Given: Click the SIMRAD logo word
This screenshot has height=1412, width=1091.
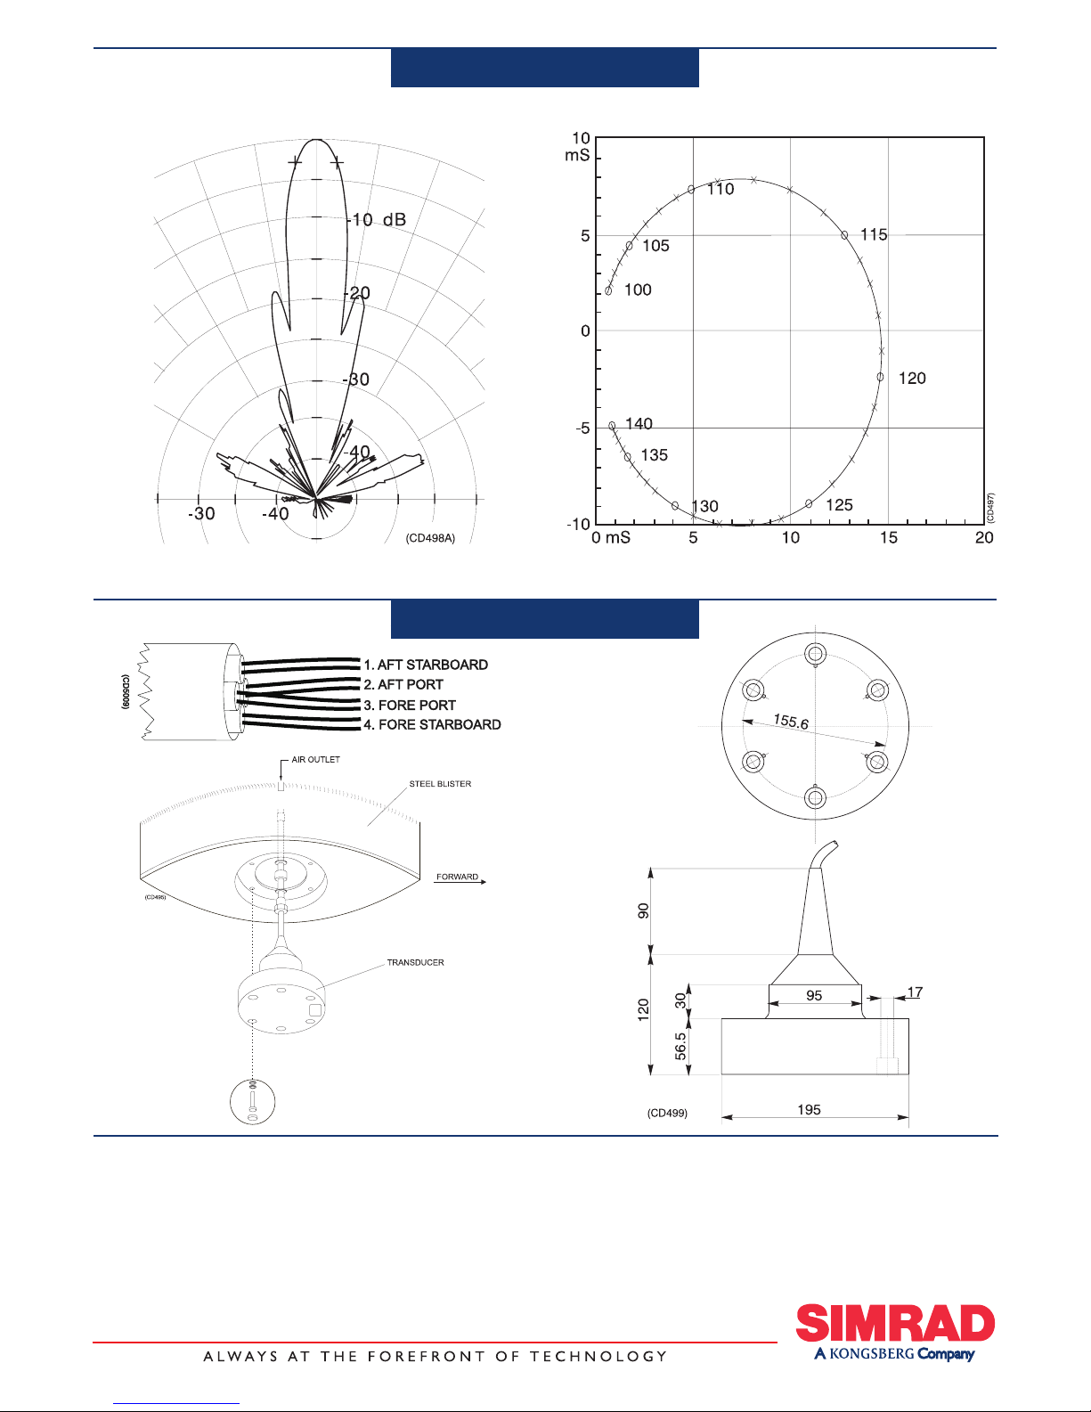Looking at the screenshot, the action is (x=895, y=1323).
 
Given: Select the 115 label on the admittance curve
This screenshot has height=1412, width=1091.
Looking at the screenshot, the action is (x=874, y=234).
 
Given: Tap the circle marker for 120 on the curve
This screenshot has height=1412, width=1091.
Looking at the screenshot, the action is (x=880, y=377).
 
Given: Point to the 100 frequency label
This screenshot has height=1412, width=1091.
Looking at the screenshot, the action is (x=638, y=290).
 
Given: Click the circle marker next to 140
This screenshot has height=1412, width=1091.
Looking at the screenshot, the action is (x=612, y=426).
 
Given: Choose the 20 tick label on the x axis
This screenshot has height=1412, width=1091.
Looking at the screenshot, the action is (x=984, y=537).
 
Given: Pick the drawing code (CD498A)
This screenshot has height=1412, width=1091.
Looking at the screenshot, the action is (x=430, y=538).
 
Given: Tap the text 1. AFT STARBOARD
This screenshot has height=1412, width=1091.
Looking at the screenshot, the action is (x=426, y=665).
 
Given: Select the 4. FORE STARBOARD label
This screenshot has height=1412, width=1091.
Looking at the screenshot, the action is (x=432, y=724).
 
